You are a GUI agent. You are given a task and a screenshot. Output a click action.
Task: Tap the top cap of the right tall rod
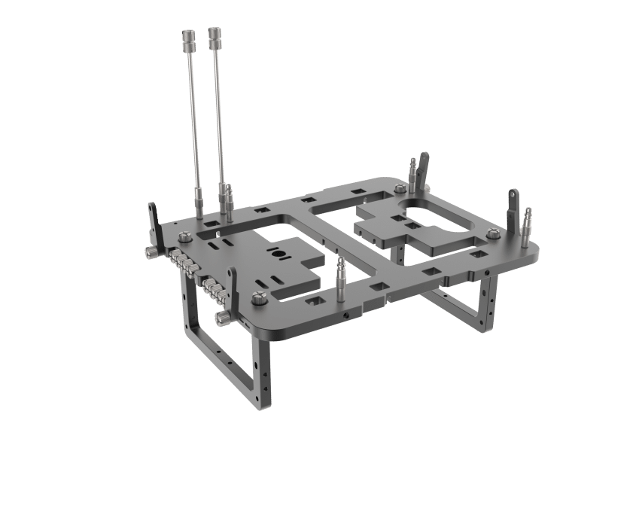[x=215, y=34]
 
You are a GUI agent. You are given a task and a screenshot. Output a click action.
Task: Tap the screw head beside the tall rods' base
[x=183, y=237]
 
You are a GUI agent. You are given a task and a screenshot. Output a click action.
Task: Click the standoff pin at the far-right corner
[x=528, y=222]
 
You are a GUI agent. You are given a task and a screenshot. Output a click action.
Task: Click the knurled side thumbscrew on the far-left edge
[x=148, y=252]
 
